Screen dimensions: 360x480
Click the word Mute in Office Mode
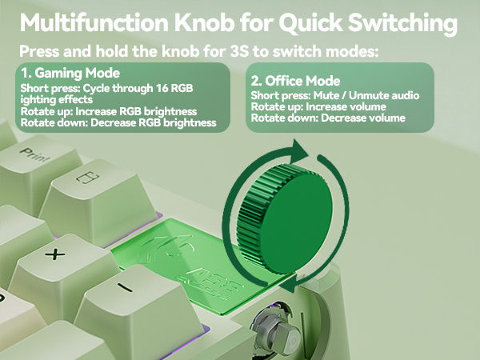click(x=323, y=95)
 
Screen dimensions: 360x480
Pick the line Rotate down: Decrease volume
click(x=327, y=118)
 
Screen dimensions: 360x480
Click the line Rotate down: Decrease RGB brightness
click(x=118, y=122)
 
